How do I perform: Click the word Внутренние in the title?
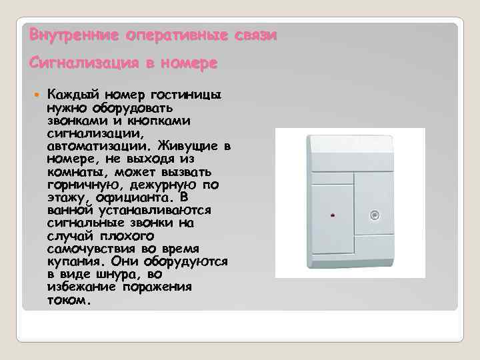tap(63, 34)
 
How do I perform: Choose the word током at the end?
tap(67, 300)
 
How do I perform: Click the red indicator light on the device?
tap(333, 216)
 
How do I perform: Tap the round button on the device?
tap(375, 215)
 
